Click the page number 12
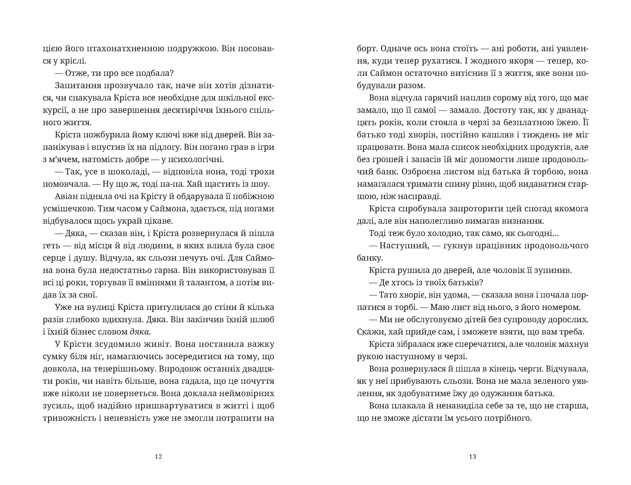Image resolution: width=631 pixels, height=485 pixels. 158,456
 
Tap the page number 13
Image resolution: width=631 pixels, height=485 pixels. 473,456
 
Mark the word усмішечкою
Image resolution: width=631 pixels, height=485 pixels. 67,209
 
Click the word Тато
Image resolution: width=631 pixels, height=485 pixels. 388,295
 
